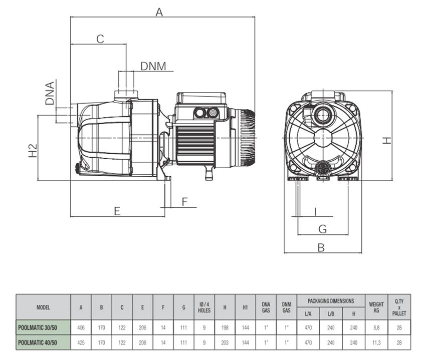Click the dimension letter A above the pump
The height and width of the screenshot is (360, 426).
click(159, 13)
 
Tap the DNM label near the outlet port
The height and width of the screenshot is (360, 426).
click(153, 66)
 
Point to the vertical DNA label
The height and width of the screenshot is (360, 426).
click(50, 93)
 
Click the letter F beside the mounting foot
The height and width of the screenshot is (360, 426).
click(184, 202)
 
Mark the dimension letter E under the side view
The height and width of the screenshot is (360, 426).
click(117, 211)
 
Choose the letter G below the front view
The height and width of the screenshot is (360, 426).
click(323, 229)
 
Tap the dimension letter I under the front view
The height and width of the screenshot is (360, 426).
click(316, 211)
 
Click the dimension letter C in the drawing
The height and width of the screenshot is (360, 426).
click(100, 39)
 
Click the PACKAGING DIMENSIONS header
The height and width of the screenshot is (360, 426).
click(331, 301)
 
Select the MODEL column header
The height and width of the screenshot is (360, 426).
click(43, 307)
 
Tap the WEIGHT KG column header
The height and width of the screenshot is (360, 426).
click(376, 307)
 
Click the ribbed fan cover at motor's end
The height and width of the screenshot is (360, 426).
click(247, 136)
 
